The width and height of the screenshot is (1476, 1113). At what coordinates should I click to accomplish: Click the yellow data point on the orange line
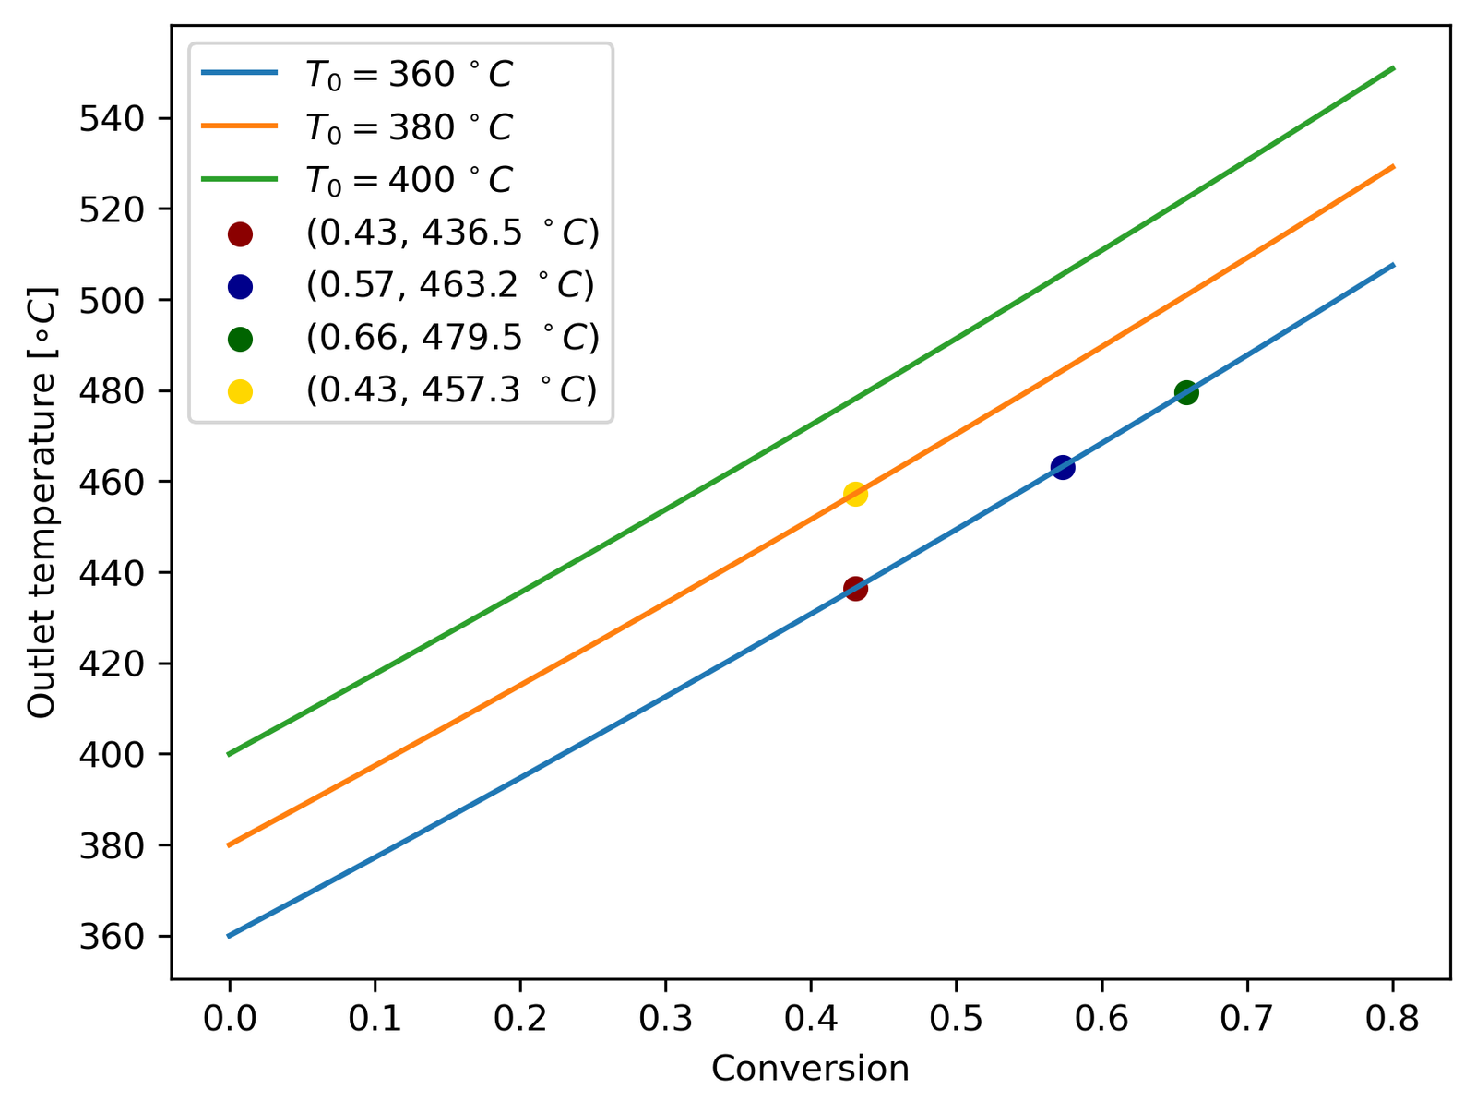pos(855,494)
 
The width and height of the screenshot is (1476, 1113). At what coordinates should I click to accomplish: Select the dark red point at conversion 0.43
pos(855,588)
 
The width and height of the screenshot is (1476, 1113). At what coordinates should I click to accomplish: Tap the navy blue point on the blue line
pos(1063,467)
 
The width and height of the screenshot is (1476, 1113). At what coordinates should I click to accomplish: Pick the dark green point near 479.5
pos(1186,392)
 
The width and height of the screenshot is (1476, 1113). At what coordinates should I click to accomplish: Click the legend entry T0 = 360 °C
pos(409,75)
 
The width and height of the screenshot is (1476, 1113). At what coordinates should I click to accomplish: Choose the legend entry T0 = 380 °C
pos(409,127)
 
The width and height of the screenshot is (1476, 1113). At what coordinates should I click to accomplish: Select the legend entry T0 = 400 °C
pos(409,179)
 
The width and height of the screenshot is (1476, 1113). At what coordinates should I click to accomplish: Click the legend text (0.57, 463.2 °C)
pos(449,285)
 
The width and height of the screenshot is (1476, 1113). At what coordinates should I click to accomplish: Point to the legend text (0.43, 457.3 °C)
pos(451,389)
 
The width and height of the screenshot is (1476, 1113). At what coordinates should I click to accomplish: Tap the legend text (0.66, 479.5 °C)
pos(452,338)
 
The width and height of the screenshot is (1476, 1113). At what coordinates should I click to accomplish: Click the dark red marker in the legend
pos(240,233)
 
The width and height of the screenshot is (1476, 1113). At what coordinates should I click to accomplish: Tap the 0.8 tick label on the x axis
pos(1392,1020)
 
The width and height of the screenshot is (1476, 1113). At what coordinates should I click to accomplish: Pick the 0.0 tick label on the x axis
pos(229,1020)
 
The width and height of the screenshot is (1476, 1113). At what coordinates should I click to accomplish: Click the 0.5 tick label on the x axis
pos(956,1020)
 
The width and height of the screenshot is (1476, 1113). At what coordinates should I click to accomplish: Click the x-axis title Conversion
pos(810,1069)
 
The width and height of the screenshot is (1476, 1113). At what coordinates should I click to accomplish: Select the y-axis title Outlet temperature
pos(42,503)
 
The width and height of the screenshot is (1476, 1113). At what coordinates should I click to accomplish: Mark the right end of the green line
pos(1392,68)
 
